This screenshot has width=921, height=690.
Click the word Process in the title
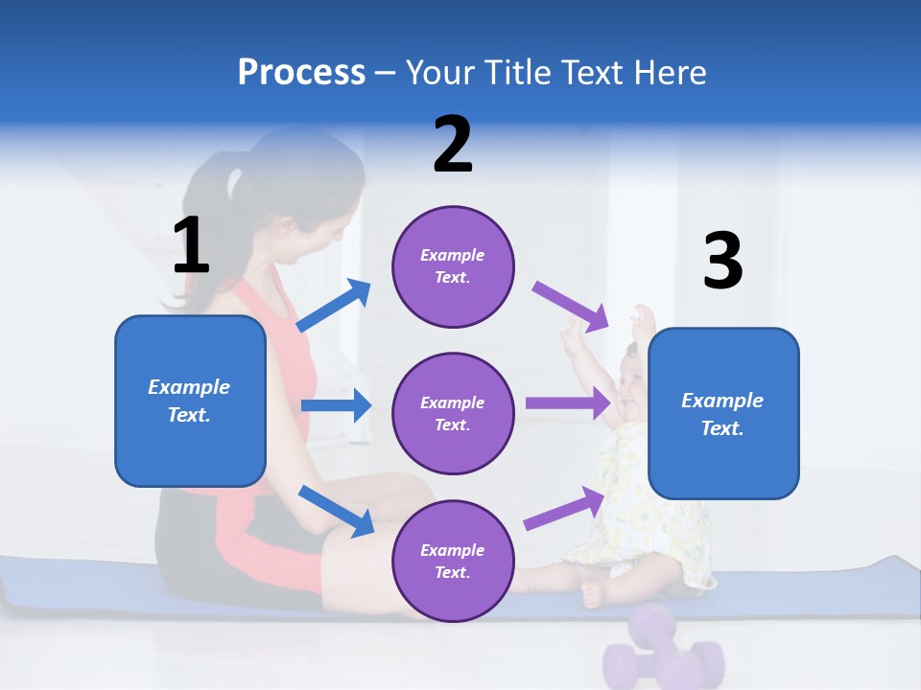(x=301, y=73)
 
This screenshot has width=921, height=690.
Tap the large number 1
(x=191, y=246)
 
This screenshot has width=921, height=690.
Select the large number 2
(x=453, y=145)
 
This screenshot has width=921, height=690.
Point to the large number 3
(x=722, y=262)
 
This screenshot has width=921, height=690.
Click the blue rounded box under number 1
(x=190, y=401)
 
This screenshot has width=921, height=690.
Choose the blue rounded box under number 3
(x=723, y=413)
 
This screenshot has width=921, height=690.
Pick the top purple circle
(x=453, y=266)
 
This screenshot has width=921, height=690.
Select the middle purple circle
(x=453, y=413)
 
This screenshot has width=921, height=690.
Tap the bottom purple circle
(x=453, y=561)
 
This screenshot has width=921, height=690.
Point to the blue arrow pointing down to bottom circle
(x=337, y=510)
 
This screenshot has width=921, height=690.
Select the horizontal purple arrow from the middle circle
(x=569, y=403)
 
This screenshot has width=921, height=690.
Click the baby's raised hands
(x=641, y=321)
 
